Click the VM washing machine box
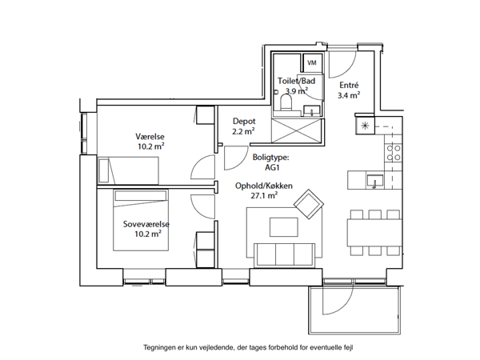[x=312, y=62]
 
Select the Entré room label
[x=349, y=85]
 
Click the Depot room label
[x=244, y=121]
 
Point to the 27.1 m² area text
[x=264, y=196]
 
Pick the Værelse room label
[x=150, y=137]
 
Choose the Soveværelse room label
[x=146, y=224]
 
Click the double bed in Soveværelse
[x=141, y=220]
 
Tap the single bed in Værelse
[x=128, y=170]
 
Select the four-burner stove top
[x=394, y=153]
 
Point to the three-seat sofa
[x=285, y=254]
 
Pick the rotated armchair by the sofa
[x=309, y=204]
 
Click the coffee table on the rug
[x=284, y=227]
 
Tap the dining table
[x=374, y=232]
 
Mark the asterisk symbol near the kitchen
[x=365, y=126]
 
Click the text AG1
[x=273, y=167]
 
